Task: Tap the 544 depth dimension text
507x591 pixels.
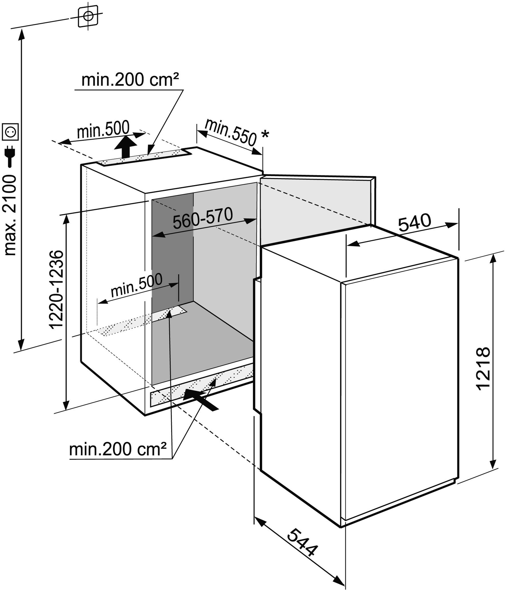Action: coord(302,547)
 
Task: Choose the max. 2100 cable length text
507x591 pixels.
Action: coord(10,215)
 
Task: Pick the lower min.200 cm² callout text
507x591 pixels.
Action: coord(118,450)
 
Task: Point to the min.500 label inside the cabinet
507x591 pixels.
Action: coord(137,285)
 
